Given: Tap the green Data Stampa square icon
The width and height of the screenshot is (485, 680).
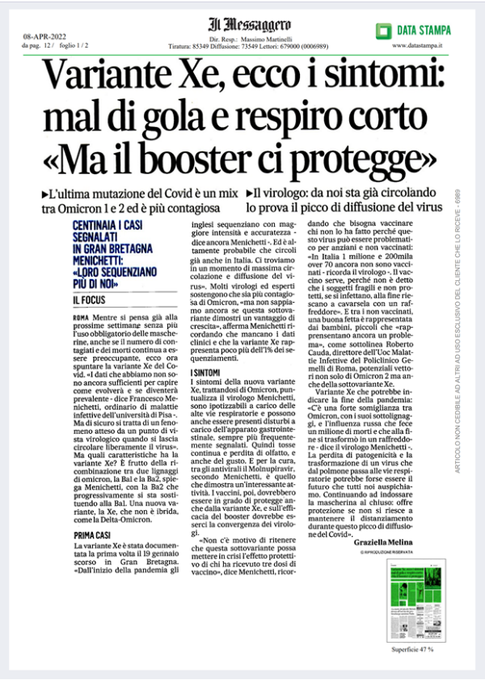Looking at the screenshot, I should [x=383, y=30].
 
